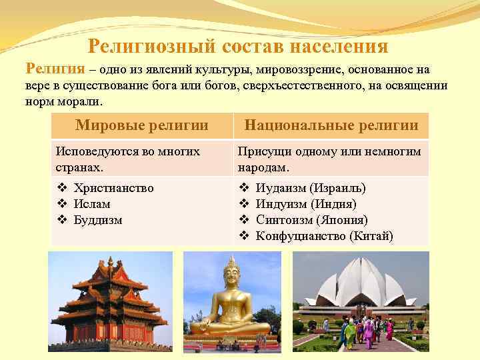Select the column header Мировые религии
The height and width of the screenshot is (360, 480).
pyautogui.click(x=141, y=125)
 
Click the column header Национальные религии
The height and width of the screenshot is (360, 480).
pyautogui.click(x=331, y=125)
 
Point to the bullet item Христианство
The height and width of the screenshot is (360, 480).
pyautogui.click(x=114, y=188)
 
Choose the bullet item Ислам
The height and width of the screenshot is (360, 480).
pyautogui.click(x=92, y=204)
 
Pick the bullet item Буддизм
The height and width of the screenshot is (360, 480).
pyautogui.click(x=98, y=220)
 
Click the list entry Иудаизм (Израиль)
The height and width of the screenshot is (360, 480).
pyautogui.click(x=311, y=188)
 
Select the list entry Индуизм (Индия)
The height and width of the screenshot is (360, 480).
pyautogui.click(x=306, y=204)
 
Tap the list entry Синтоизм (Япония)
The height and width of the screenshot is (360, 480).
pyautogui.click(x=311, y=220)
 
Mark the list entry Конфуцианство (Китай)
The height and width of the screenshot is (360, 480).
pyautogui.click(x=324, y=236)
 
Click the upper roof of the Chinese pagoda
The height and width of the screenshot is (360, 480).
pyautogui.click(x=111, y=270)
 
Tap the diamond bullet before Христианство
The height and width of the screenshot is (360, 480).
pyautogui.click(x=61, y=188)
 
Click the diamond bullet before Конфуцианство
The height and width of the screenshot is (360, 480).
pyautogui.click(x=243, y=236)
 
